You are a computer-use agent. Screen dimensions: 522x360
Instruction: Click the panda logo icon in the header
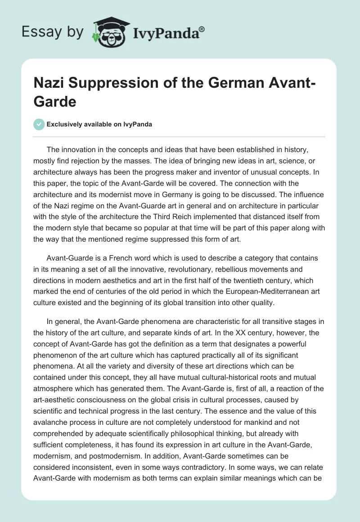coord(106,31)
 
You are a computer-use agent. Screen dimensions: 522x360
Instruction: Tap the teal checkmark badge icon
coord(40,124)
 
